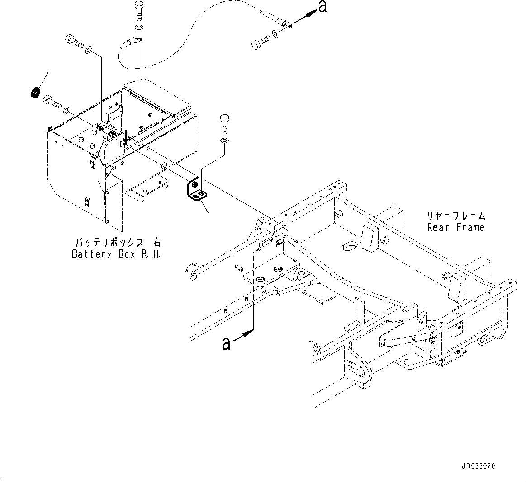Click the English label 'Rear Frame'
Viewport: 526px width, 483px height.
455,227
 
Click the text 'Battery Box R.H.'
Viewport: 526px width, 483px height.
117,253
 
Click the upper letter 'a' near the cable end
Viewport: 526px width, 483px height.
322,7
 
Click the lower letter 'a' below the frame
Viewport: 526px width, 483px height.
226,343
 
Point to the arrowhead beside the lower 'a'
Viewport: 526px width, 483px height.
247,334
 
